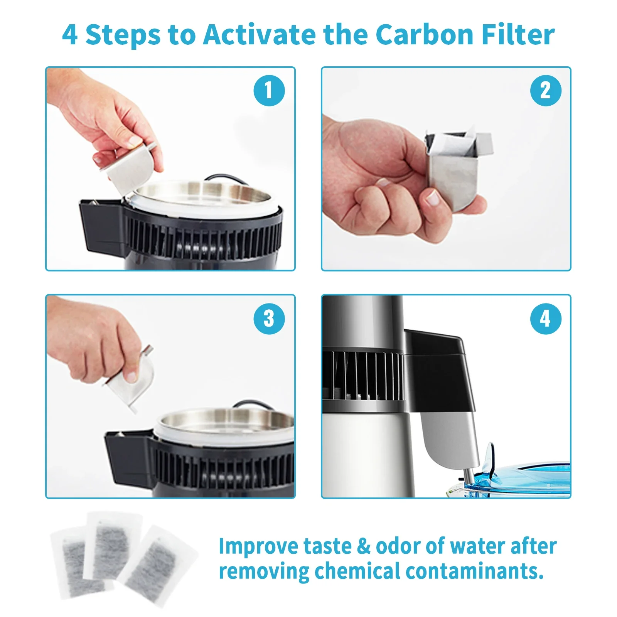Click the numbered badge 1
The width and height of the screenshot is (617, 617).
tap(269, 91)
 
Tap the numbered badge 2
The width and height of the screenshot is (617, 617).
tap(545, 91)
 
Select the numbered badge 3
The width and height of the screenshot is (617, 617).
tap(269, 319)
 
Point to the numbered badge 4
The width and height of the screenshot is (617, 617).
tap(545, 319)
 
